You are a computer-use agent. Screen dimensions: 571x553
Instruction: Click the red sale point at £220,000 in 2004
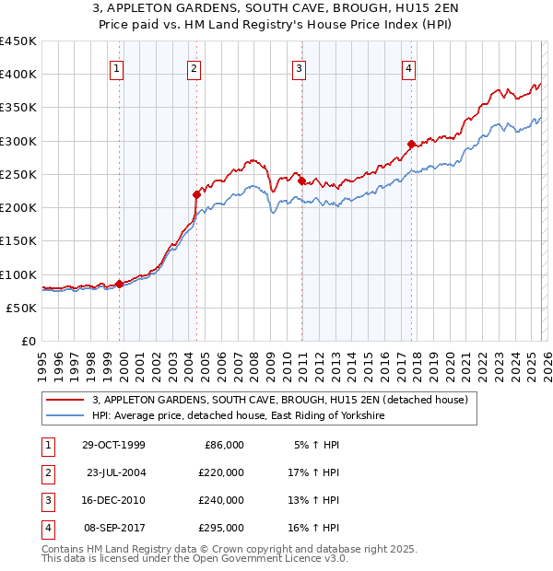tap(196, 194)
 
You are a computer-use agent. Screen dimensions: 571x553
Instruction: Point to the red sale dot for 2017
tap(411, 144)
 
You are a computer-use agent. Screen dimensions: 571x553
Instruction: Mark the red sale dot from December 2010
tap(301, 181)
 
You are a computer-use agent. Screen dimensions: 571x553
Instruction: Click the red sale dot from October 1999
tap(119, 284)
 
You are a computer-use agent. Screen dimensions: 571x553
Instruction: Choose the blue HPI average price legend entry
tap(237, 416)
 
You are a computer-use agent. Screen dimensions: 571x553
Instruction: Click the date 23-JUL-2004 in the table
tap(116, 472)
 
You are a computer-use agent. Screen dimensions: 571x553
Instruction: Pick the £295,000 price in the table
tap(221, 528)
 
